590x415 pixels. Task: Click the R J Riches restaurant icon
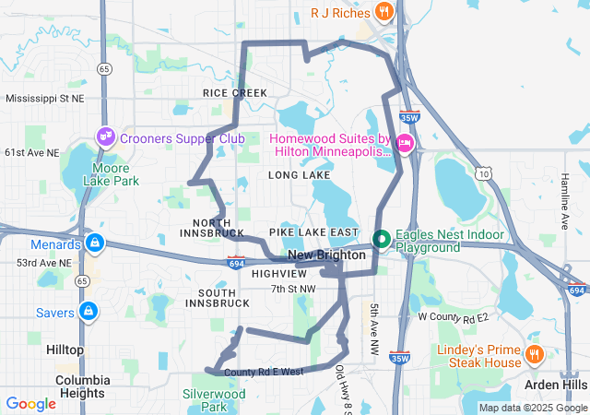click(384, 12)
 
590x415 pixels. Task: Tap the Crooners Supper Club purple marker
click(106, 137)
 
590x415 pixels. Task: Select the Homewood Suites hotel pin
click(406, 144)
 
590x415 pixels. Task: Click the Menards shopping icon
click(93, 244)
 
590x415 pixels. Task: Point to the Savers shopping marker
click(88, 312)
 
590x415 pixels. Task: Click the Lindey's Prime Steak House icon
click(534, 355)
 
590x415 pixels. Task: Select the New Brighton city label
click(323, 255)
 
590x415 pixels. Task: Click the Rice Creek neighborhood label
click(235, 93)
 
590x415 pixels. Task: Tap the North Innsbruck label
click(218, 228)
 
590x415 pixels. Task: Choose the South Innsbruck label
click(210, 297)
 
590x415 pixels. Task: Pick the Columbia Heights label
click(82, 386)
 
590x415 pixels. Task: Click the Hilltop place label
click(64, 350)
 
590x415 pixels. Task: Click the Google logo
click(30, 403)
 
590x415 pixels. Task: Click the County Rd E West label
click(264, 372)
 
